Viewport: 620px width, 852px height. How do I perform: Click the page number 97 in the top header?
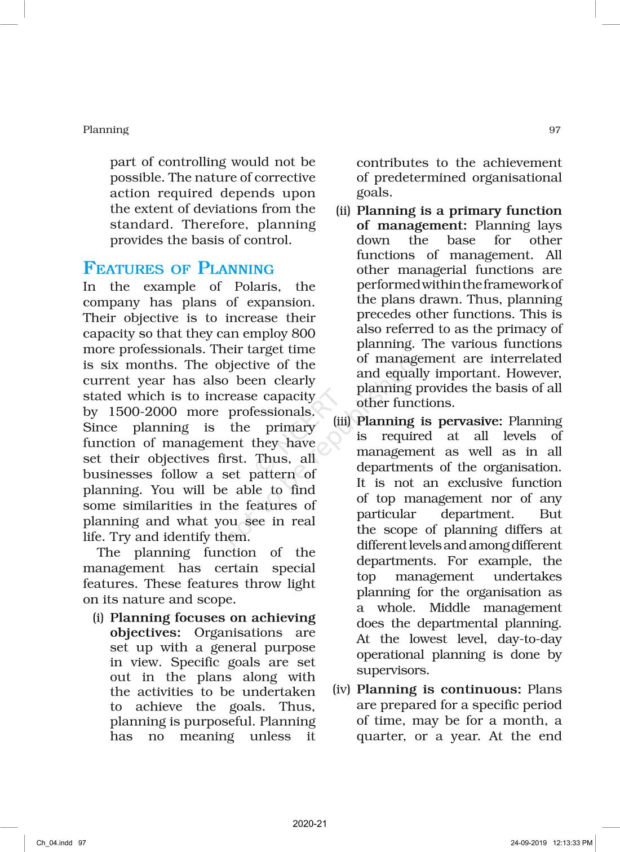click(x=555, y=130)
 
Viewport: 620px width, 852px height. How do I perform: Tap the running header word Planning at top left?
click(x=105, y=130)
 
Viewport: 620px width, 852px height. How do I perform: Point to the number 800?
click(x=303, y=334)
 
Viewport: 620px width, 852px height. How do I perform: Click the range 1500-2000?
click(x=142, y=412)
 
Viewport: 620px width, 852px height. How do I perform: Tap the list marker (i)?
click(x=98, y=618)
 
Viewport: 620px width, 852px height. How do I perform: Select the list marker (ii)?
click(x=343, y=211)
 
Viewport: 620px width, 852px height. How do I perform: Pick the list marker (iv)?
click(x=342, y=689)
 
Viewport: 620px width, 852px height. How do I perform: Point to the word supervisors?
click(x=392, y=671)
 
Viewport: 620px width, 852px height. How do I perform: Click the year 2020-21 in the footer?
click(x=309, y=824)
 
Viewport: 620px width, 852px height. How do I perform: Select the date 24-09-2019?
click(x=528, y=843)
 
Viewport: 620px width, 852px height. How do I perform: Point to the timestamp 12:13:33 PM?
click(x=573, y=843)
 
